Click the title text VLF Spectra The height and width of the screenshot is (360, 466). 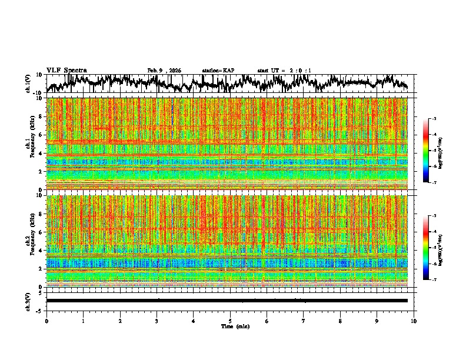[x=66, y=71]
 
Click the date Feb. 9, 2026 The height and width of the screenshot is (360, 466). [x=165, y=71]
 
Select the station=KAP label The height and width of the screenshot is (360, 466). [x=218, y=71]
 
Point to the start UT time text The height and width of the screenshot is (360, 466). [x=284, y=71]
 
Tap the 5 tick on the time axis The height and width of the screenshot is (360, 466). [x=230, y=321]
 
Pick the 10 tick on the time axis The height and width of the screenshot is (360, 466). [x=414, y=321]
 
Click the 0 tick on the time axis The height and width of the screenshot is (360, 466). [x=46, y=321]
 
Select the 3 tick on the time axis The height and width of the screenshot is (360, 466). [x=157, y=321]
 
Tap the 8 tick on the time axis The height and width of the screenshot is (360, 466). [x=340, y=321]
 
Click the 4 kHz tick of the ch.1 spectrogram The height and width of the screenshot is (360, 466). [x=41, y=153]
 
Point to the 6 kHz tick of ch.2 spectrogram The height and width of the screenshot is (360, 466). [x=41, y=232]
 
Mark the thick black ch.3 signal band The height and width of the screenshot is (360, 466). [x=227, y=301]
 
